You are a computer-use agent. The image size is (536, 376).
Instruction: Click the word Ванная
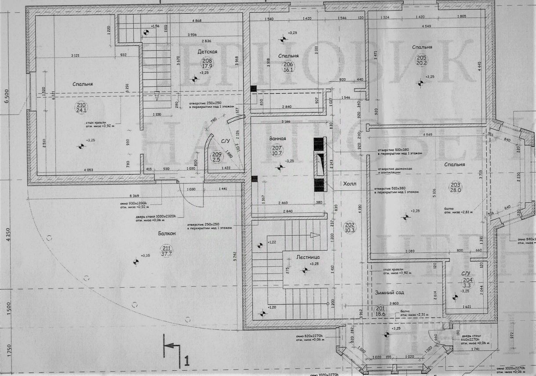(x=278, y=139)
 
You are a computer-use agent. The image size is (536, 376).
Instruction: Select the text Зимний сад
(x=389, y=292)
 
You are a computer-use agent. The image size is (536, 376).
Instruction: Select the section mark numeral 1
(x=186, y=362)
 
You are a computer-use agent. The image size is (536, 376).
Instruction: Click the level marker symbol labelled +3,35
(x=136, y=263)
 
